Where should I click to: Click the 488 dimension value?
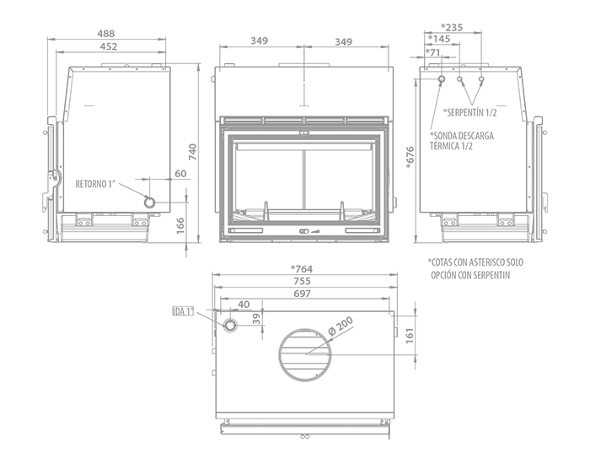[106, 34]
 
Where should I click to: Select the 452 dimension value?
[109, 46]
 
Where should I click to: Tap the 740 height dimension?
[193, 152]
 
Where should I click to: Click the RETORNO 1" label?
[95, 184]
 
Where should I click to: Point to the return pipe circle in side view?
[150, 202]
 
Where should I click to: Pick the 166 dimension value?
[180, 225]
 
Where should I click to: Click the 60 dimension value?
[180, 173]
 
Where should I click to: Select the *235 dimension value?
[452, 27]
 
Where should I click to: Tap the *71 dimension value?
[432, 52]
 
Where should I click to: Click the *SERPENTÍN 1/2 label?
[470, 112]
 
